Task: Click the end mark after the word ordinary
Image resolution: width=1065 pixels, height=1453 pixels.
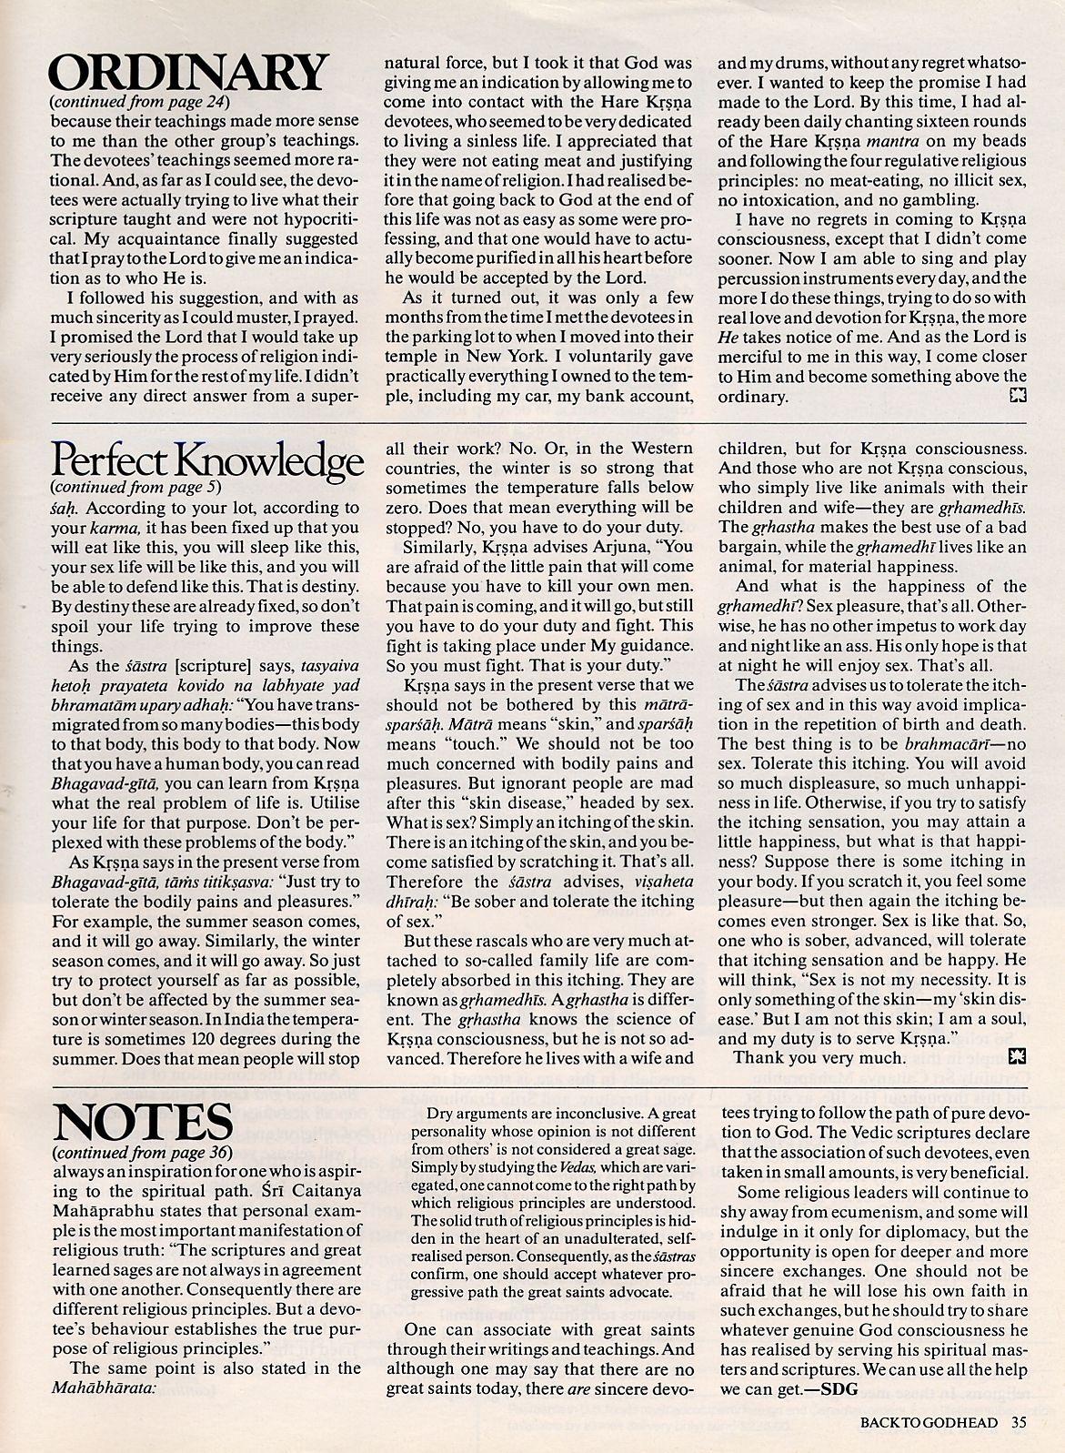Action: point(1017,396)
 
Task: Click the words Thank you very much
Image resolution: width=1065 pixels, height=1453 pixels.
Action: point(819,1057)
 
